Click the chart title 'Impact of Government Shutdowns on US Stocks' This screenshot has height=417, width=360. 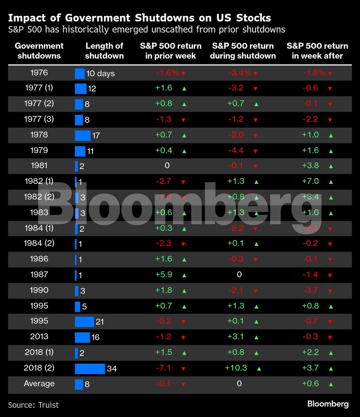pos(139,18)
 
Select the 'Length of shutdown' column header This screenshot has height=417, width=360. pos(104,51)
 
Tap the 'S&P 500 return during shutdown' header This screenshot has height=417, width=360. pos(243,51)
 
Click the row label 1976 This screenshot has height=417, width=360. pos(39,73)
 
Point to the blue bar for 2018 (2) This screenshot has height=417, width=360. pos(90,368)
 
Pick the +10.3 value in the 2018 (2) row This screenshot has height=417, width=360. pos(236,368)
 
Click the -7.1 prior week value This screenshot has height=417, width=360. pos(163,368)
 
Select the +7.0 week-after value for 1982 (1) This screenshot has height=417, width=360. pos(310,181)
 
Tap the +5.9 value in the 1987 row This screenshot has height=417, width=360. pos(163,275)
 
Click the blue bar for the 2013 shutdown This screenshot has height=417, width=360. pos(82,337)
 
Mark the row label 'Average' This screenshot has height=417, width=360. pos(39,384)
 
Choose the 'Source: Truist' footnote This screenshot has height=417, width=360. pos(33,405)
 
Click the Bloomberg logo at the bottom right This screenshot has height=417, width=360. pos(328,404)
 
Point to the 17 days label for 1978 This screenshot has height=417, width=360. pos(96,135)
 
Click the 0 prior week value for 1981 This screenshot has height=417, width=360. pos(167,166)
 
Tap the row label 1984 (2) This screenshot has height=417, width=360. pos(39,244)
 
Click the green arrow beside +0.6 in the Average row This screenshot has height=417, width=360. pos(331,384)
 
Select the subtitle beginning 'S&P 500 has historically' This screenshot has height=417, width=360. pos(146,30)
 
